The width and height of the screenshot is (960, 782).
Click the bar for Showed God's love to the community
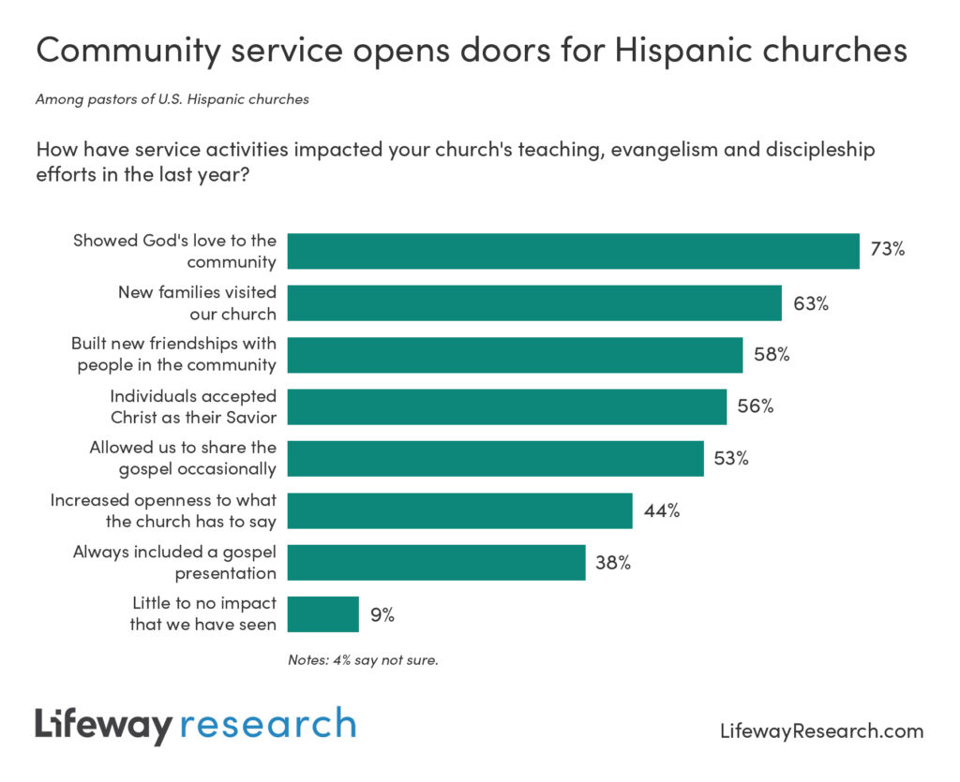coord(573,251)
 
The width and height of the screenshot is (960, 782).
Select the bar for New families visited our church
coord(534,303)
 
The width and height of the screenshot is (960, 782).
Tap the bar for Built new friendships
coord(515,355)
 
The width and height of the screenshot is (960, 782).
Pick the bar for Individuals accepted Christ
coord(506,406)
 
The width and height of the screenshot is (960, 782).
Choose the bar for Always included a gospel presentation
coord(436,562)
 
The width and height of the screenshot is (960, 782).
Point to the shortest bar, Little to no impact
coord(322,614)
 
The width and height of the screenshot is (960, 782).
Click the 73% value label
coord(887,251)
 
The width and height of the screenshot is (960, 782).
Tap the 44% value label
coord(661,510)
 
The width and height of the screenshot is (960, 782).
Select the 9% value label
coord(382,614)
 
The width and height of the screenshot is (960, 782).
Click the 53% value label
coord(731,459)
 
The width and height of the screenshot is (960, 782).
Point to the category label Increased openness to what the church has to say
coord(163,510)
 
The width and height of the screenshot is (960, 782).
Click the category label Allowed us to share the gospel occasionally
coord(183,458)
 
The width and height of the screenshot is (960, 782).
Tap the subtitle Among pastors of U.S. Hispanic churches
coord(172,98)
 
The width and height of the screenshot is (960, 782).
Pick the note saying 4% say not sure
coord(363,659)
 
